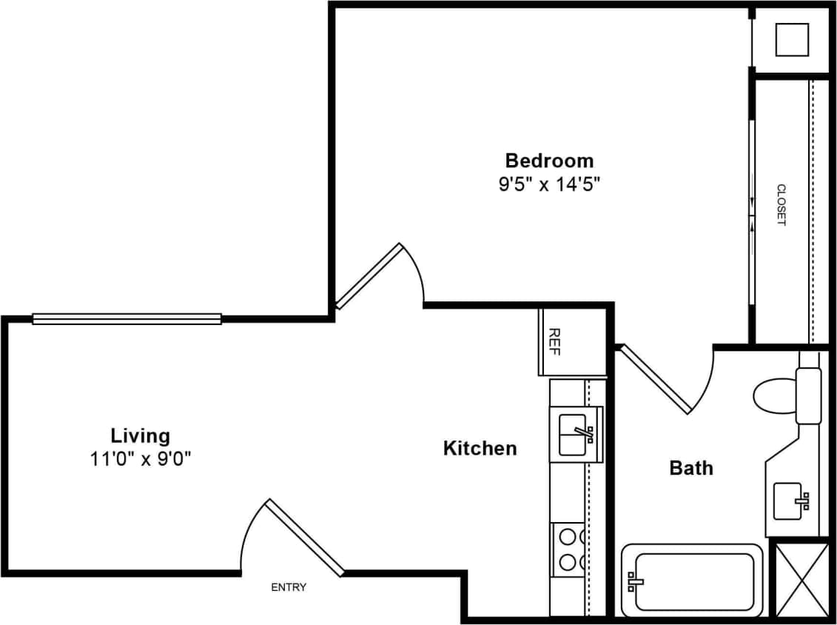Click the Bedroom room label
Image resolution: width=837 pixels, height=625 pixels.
pos(548,160)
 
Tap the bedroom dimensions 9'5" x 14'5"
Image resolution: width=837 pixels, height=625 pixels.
pos(548,184)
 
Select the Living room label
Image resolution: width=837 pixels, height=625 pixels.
pos(140,435)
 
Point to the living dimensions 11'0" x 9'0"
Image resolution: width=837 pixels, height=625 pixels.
pos(140,459)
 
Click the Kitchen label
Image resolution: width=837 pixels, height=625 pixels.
pos(480,448)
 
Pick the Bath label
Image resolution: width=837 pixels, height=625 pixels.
pos(691,468)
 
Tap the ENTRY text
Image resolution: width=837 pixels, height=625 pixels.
pos(289,587)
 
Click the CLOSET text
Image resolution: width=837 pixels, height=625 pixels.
pos(781,205)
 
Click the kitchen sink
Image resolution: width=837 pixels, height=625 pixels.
pos(576,434)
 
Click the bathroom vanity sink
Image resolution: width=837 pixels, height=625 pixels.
pos(790,501)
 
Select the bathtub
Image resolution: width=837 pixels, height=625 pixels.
pos(691,580)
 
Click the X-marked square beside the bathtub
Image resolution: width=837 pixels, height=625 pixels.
pos(801,579)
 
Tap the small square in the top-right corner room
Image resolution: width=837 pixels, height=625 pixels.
pos(791,40)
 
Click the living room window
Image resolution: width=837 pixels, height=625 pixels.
pos(127,319)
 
